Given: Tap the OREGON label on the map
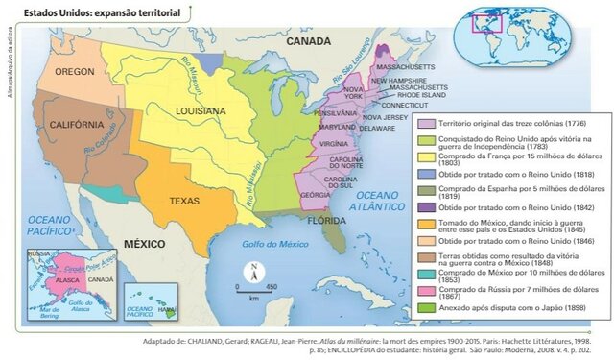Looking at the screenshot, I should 74,72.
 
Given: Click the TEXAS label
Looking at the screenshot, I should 184,202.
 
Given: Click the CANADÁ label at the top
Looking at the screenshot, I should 309,42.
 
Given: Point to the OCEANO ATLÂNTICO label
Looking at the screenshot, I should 375,198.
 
